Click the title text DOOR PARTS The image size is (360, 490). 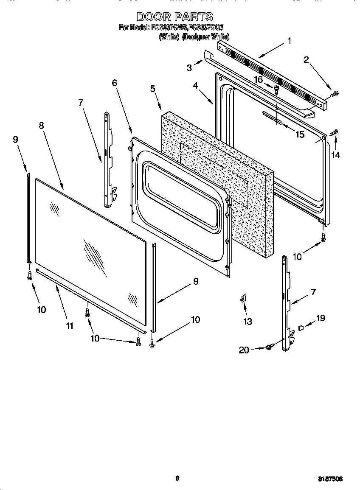pyautogui.click(x=174, y=17)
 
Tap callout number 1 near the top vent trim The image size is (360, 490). pyautogui.click(x=289, y=41)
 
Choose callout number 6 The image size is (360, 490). pyautogui.click(x=114, y=83)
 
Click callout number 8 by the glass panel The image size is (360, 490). pyautogui.click(x=41, y=126)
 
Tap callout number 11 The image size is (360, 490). pyautogui.click(x=69, y=325)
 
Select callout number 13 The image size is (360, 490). pyautogui.click(x=247, y=322)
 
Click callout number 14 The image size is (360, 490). pyautogui.click(x=335, y=155)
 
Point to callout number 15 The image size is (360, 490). pyautogui.click(x=300, y=134)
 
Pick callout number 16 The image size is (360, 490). pyautogui.click(x=258, y=79)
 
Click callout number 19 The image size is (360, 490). pyautogui.click(x=321, y=318)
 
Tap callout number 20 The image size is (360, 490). pyautogui.click(x=244, y=350)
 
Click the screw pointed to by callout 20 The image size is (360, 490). pyautogui.click(x=269, y=348)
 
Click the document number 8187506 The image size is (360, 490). pyautogui.click(x=330, y=479)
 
